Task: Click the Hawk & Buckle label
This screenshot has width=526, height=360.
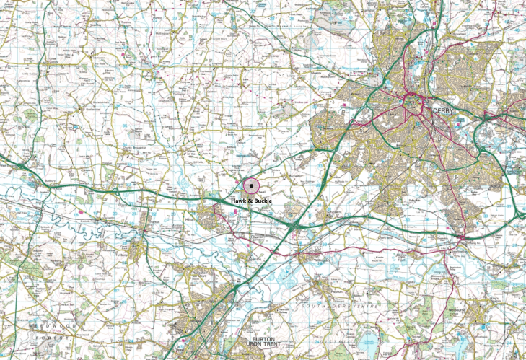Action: coord(251,200)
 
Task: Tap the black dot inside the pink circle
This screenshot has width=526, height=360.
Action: coord(250,186)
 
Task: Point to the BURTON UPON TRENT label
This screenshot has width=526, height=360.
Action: coord(270,342)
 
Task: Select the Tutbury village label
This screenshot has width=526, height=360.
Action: coord(138,255)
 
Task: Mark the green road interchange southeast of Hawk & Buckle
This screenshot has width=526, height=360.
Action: coord(292,226)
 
